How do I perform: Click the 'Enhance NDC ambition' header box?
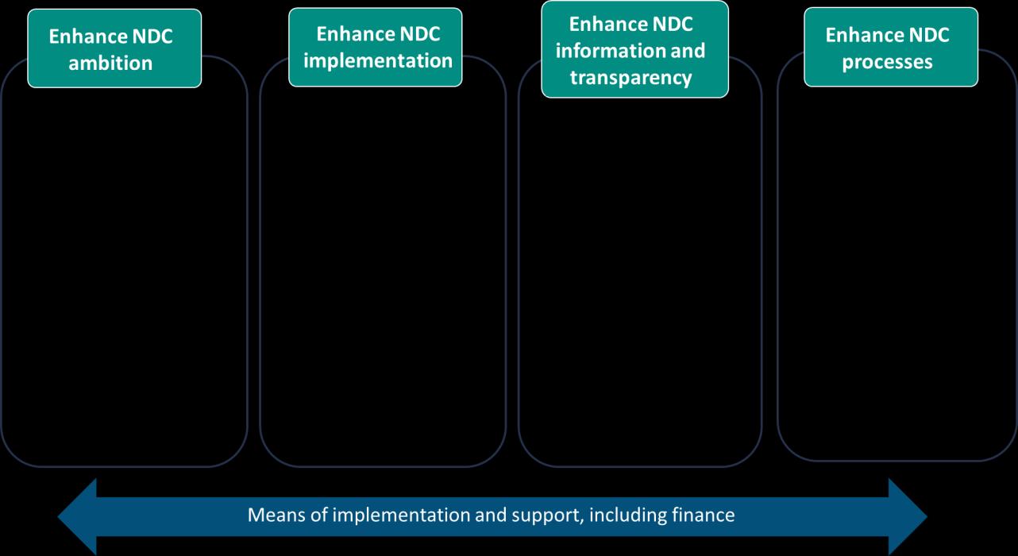click(x=114, y=48)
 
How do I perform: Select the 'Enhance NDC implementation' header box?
click(x=375, y=47)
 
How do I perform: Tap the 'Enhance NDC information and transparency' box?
click(x=634, y=49)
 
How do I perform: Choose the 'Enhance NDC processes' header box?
click(x=891, y=47)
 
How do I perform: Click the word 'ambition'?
click(x=110, y=64)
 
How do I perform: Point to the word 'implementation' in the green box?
click(x=378, y=60)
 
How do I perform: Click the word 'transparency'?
click(x=630, y=78)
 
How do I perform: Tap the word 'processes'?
click(x=887, y=62)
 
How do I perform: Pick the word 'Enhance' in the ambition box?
click(x=85, y=37)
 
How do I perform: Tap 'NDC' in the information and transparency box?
click(x=669, y=25)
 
